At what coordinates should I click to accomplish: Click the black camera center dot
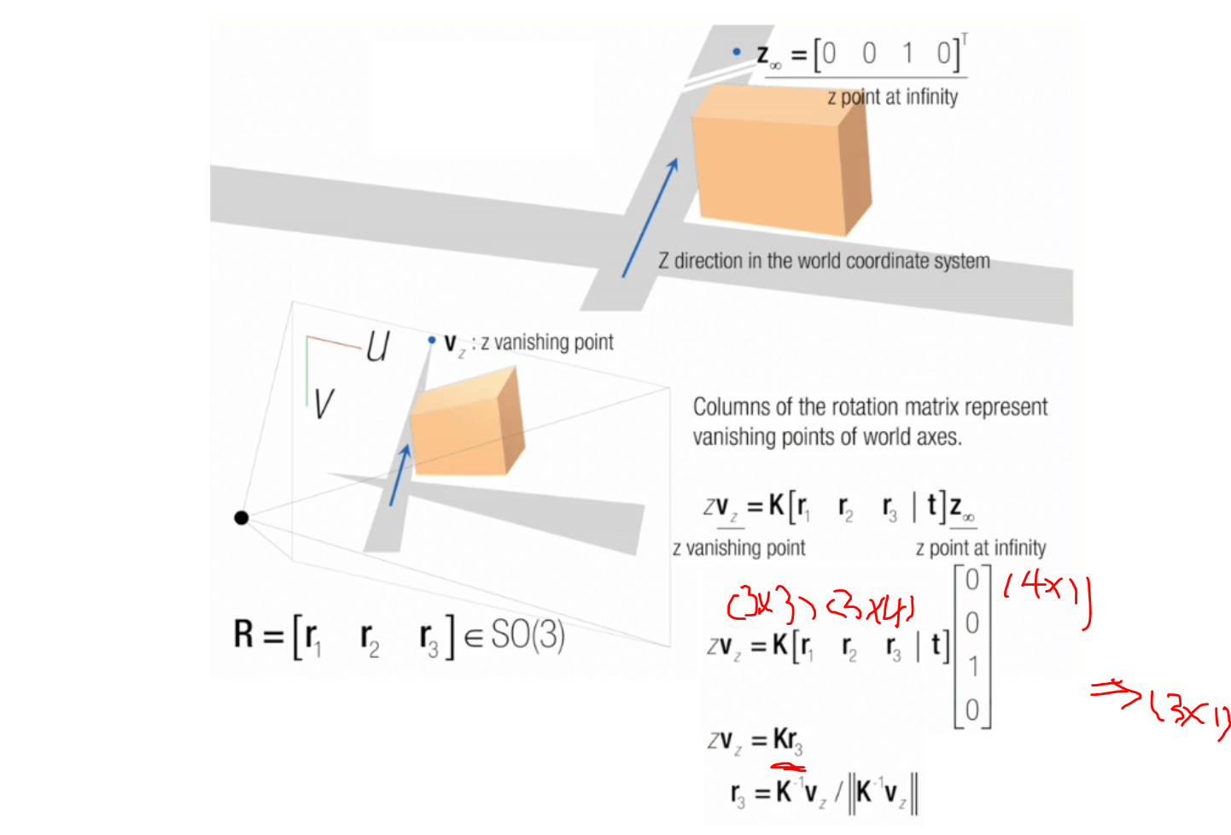click(x=242, y=517)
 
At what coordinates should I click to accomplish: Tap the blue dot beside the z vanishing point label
click(x=432, y=340)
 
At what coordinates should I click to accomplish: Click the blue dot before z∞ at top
click(x=737, y=52)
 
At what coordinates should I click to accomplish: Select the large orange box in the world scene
click(x=777, y=158)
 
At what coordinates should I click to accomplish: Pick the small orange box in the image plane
click(x=465, y=424)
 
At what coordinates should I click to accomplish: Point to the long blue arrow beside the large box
click(x=650, y=218)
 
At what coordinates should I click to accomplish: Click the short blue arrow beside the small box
click(x=400, y=475)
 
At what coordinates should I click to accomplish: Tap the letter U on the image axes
click(x=377, y=347)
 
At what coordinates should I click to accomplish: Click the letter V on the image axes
click(x=323, y=404)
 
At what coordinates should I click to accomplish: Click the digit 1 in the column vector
click(x=972, y=666)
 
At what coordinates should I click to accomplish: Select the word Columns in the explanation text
click(x=729, y=407)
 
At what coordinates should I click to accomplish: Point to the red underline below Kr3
click(x=787, y=767)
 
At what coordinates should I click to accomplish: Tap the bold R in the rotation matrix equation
click(x=244, y=635)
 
